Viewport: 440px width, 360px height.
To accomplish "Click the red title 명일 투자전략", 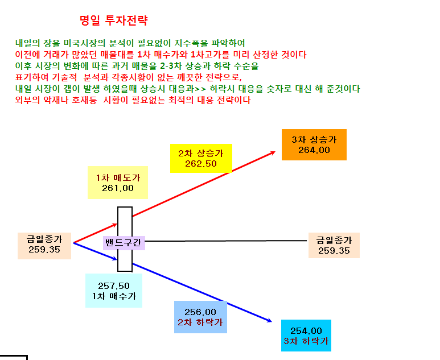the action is [114, 20].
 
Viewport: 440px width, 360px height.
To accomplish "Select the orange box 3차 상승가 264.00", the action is [314, 144].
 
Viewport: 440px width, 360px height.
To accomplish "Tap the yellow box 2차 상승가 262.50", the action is [201, 159].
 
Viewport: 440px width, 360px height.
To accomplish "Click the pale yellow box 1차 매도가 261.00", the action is [118, 183].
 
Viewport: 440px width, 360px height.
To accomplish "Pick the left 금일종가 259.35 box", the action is [44, 246].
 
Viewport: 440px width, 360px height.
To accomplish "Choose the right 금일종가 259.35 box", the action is [334, 245].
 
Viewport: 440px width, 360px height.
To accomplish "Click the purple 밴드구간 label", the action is [124, 243].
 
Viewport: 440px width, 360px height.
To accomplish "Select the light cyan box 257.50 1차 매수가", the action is [114, 291].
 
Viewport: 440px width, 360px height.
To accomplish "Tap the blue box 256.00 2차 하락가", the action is [200, 317].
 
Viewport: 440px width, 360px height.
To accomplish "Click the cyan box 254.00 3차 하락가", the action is [306, 336].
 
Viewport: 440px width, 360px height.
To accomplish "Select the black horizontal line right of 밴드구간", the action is [226, 241].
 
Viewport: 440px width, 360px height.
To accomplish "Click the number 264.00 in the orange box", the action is [314, 150].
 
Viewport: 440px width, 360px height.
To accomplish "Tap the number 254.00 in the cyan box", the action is [306, 331].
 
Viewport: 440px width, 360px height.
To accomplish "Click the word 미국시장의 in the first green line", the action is [84, 43].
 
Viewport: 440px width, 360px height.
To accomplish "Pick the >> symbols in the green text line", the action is [200, 89].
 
